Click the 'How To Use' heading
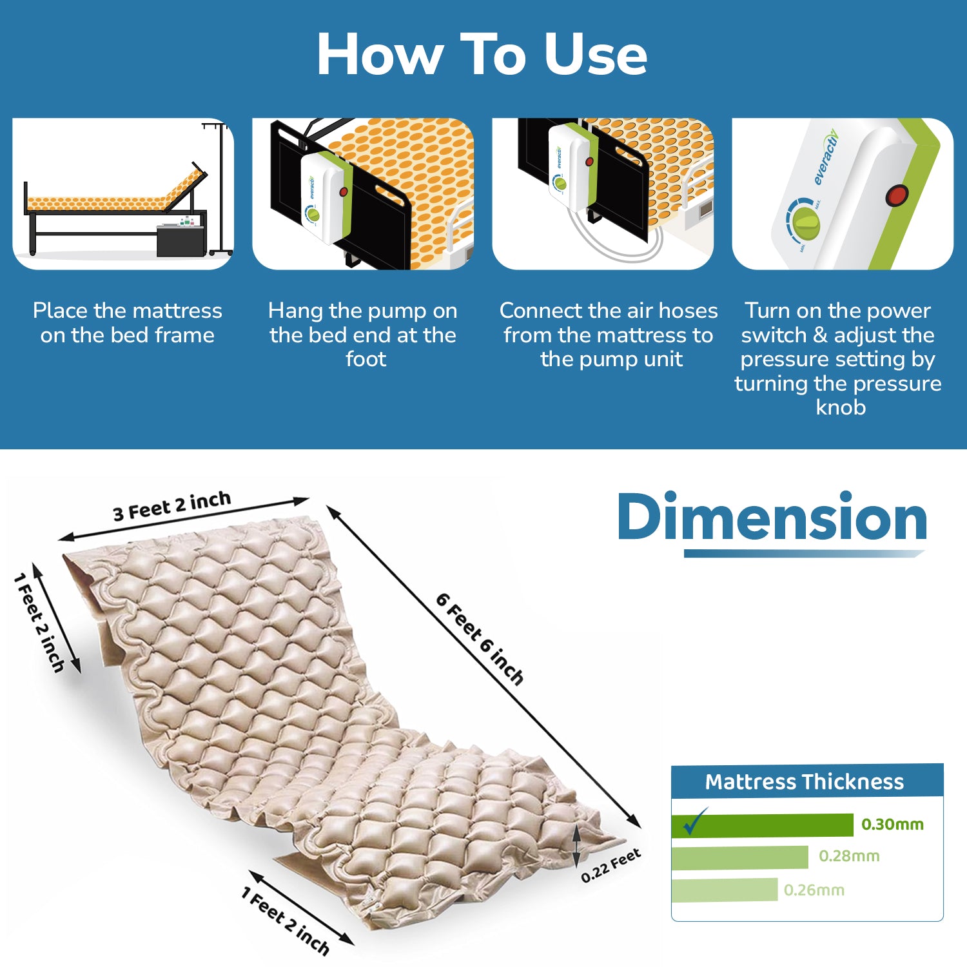[482, 55]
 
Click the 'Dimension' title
[772, 517]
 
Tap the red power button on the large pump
[897, 195]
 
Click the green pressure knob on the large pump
[806, 224]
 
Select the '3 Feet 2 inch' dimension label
[171, 506]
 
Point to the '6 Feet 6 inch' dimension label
[480, 638]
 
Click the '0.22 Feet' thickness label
[610, 865]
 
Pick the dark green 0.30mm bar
[762, 825]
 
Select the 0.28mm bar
[739, 857]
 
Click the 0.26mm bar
[725, 890]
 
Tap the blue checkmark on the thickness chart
[695, 821]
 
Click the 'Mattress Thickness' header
[805, 781]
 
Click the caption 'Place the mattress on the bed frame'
[128, 322]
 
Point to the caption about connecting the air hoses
[609, 334]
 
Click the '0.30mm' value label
[892, 824]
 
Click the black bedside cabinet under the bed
[182, 240]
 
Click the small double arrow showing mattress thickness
[577, 846]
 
